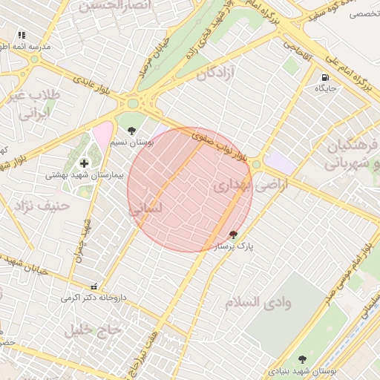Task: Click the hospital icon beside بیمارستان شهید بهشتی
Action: [x=83, y=163]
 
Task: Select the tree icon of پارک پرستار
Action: [x=233, y=235]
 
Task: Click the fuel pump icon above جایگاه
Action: [x=325, y=77]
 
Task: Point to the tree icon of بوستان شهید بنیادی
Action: [x=301, y=360]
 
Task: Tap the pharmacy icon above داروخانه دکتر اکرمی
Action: [x=93, y=286]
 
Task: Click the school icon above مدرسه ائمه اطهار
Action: [x=22, y=35]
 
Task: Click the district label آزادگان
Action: [x=215, y=73]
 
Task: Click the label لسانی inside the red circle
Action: [x=145, y=210]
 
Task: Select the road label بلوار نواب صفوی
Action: [x=220, y=146]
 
